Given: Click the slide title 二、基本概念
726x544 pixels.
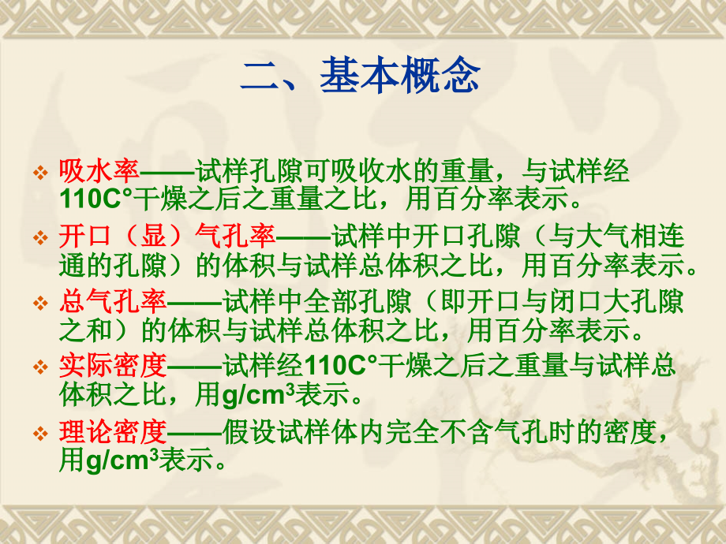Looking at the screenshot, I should tap(361, 76).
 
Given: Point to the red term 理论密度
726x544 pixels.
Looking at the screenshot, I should tap(113, 432).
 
